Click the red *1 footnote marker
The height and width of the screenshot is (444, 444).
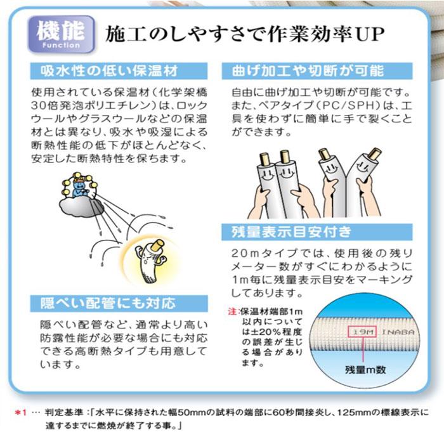coord(22,413)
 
